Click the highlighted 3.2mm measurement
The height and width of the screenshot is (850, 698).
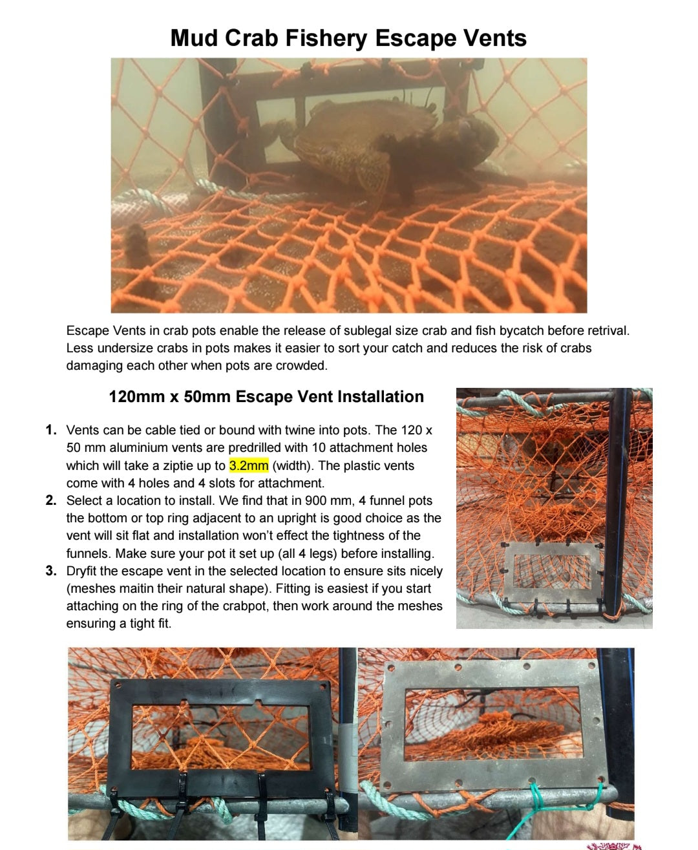248,465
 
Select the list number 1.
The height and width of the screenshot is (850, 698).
51,430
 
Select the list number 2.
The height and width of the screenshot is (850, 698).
51,500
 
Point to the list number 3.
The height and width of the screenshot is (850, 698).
51,571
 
